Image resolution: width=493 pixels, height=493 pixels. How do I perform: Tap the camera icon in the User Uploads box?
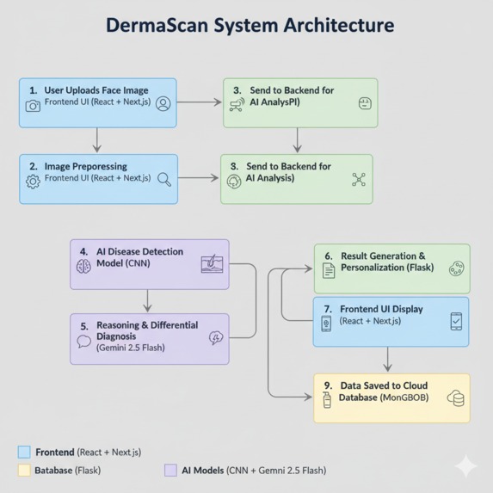(33, 106)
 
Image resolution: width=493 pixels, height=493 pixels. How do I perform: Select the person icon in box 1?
(163, 104)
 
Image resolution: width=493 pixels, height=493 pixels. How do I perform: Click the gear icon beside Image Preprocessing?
(33, 182)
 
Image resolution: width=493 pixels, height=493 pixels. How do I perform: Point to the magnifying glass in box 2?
(164, 180)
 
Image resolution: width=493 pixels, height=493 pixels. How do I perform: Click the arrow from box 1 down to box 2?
(97, 140)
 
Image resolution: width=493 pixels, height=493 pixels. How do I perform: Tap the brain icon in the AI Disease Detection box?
(83, 266)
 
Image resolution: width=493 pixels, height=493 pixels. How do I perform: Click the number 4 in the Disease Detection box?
(83, 252)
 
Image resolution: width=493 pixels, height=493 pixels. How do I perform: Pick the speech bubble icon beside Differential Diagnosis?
(83, 341)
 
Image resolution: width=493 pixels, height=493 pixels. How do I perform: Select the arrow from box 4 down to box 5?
(148, 299)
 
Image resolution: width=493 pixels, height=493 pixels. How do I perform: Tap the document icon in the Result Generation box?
(328, 270)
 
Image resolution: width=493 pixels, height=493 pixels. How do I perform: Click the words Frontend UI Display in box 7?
(382, 308)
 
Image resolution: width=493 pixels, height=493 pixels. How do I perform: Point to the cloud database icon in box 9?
(455, 398)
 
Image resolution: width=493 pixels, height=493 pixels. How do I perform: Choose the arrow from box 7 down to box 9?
(388, 359)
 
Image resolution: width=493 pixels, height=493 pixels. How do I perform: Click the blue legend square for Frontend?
(24, 452)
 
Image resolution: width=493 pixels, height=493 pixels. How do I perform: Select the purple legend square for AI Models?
(170, 471)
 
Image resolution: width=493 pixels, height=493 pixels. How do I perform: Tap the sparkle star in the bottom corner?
(465, 465)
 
